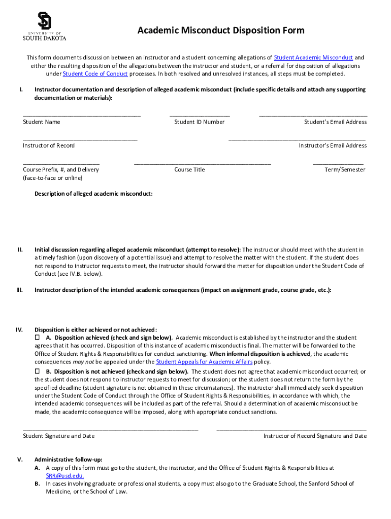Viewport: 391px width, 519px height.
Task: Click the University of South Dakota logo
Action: pyautogui.click(x=44, y=26)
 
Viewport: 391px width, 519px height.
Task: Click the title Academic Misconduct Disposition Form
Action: pyautogui.click(x=221, y=30)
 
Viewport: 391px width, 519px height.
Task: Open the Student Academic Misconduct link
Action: pyautogui.click(x=313, y=58)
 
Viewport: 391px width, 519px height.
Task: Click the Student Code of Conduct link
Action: pyautogui.click(x=95, y=74)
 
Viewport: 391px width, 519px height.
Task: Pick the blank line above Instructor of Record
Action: pyautogui.click(x=80, y=139)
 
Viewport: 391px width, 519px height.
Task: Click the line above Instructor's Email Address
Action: pyautogui.click(x=297, y=139)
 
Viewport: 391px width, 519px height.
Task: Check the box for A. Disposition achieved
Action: pyautogui.click(x=37, y=337)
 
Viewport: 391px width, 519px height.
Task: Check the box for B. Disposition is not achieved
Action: pyautogui.click(x=37, y=372)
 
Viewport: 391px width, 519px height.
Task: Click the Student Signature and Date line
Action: pyautogui.click(x=110, y=429)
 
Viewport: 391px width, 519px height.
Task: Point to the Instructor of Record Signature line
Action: pyautogui.click(x=291, y=429)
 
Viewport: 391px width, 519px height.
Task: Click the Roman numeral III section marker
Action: pyautogui.click(x=20, y=290)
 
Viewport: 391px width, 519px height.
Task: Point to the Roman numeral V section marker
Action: pyautogui.click(x=20, y=460)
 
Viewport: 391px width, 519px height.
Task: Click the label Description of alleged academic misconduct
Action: pyautogui.click(x=93, y=194)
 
